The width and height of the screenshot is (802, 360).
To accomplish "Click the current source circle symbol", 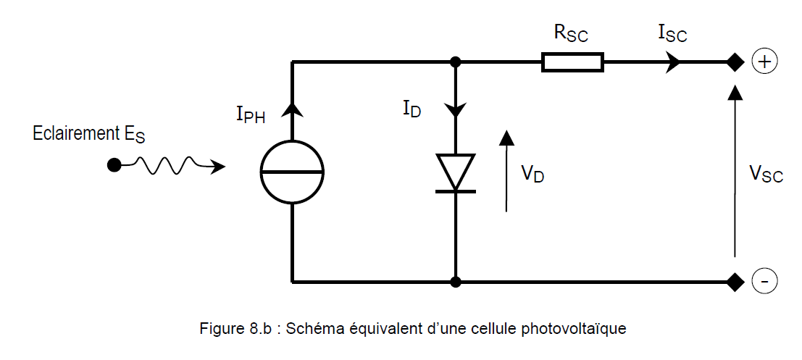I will (x=292, y=172).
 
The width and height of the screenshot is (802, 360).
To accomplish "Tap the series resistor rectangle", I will (x=572, y=62).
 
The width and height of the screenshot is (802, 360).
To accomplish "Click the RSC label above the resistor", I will (x=570, y=33).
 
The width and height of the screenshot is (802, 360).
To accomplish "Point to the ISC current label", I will (x=672, y=33).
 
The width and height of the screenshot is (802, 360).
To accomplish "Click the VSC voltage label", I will (x=766, y=174).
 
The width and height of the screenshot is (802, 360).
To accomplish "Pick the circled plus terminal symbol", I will (x=764, y=62).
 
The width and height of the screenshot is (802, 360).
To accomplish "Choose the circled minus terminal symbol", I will (x=764, y=280).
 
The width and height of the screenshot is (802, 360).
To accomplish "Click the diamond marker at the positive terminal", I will (x=735, y=62).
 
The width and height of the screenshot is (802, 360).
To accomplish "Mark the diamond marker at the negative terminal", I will (x=735, y=280).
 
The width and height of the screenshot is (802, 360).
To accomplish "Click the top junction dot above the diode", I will (x=455, y=62).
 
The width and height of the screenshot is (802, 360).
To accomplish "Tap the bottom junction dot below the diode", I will (x=455, y=280).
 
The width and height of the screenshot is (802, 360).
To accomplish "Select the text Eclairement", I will (x=67, y=133).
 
